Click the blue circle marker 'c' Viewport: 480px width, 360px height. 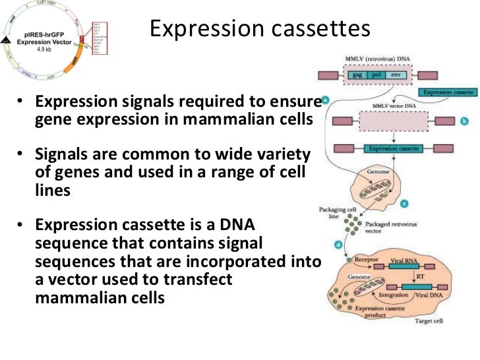[404, 203]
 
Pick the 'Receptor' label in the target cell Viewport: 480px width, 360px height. [367, 260]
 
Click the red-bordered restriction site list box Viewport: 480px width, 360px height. [96, 38]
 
